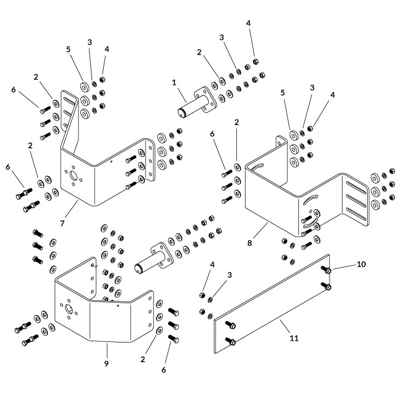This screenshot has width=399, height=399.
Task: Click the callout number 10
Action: click(361, 264)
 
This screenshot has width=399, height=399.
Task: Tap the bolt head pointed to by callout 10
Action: click(328, 270)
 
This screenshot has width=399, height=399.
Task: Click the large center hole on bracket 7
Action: click(75, 178)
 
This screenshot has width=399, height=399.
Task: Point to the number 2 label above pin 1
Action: click(199, 53)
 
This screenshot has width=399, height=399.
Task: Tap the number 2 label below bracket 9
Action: click(143, 358)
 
